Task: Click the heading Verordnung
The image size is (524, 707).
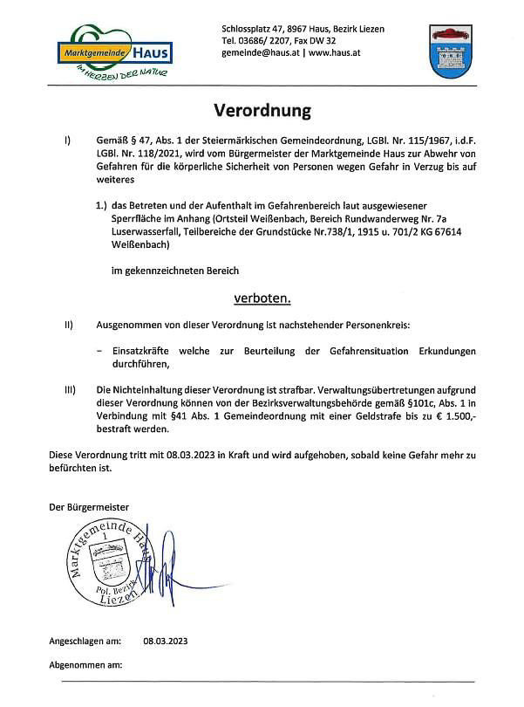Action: point(262,112)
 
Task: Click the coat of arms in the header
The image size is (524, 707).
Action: point(451,51)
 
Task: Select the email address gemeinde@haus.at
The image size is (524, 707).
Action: point(261,52)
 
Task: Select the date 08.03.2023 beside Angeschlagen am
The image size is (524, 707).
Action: point(166,641)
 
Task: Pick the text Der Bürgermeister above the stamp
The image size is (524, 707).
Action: point(88,507)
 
